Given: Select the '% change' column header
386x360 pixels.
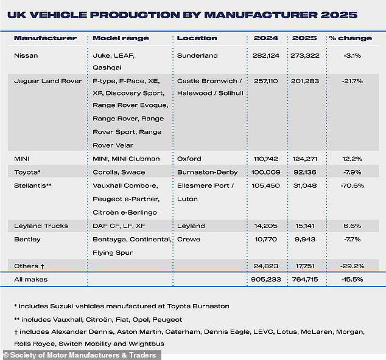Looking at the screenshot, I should (x=350, y=38).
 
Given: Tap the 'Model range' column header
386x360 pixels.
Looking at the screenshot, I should (x=121, y=38).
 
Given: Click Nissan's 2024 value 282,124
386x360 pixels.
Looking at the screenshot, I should (x=265, y=55).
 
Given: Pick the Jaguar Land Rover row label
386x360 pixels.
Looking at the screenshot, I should (x=47, y=81).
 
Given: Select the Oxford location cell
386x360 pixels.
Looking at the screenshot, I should (x=189, y=159).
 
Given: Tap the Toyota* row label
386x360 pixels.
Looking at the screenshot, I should (x=28, y=172).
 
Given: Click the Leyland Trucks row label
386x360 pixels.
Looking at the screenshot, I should (x=41, y=226).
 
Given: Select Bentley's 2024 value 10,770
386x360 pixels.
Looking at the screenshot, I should (x=265, y=239).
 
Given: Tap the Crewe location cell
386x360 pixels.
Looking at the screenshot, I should (x=188, y=239).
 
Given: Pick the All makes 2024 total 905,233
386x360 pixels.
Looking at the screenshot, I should (x=265, y=279).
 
